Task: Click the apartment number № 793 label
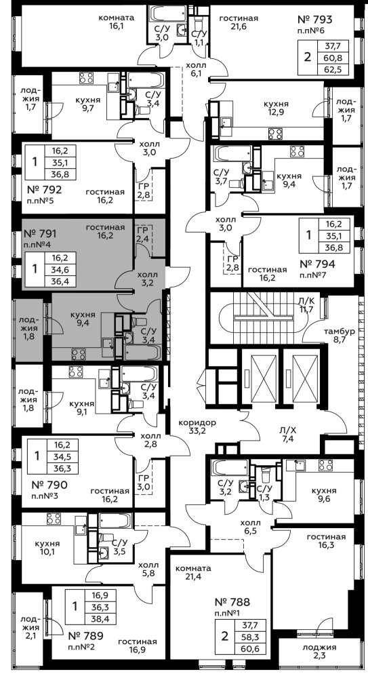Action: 315,20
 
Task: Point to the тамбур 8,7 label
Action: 340,336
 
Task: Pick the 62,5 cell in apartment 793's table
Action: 333,69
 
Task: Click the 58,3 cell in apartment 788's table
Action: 249,637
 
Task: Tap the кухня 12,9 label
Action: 277,108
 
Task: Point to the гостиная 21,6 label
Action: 239,22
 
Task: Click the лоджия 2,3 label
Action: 319,652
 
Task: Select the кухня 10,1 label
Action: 48,547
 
